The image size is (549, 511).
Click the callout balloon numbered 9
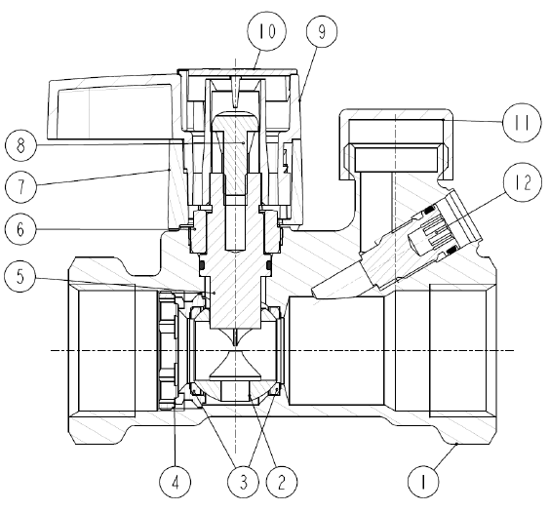[316, 32]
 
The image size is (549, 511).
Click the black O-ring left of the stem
[201, 263]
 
